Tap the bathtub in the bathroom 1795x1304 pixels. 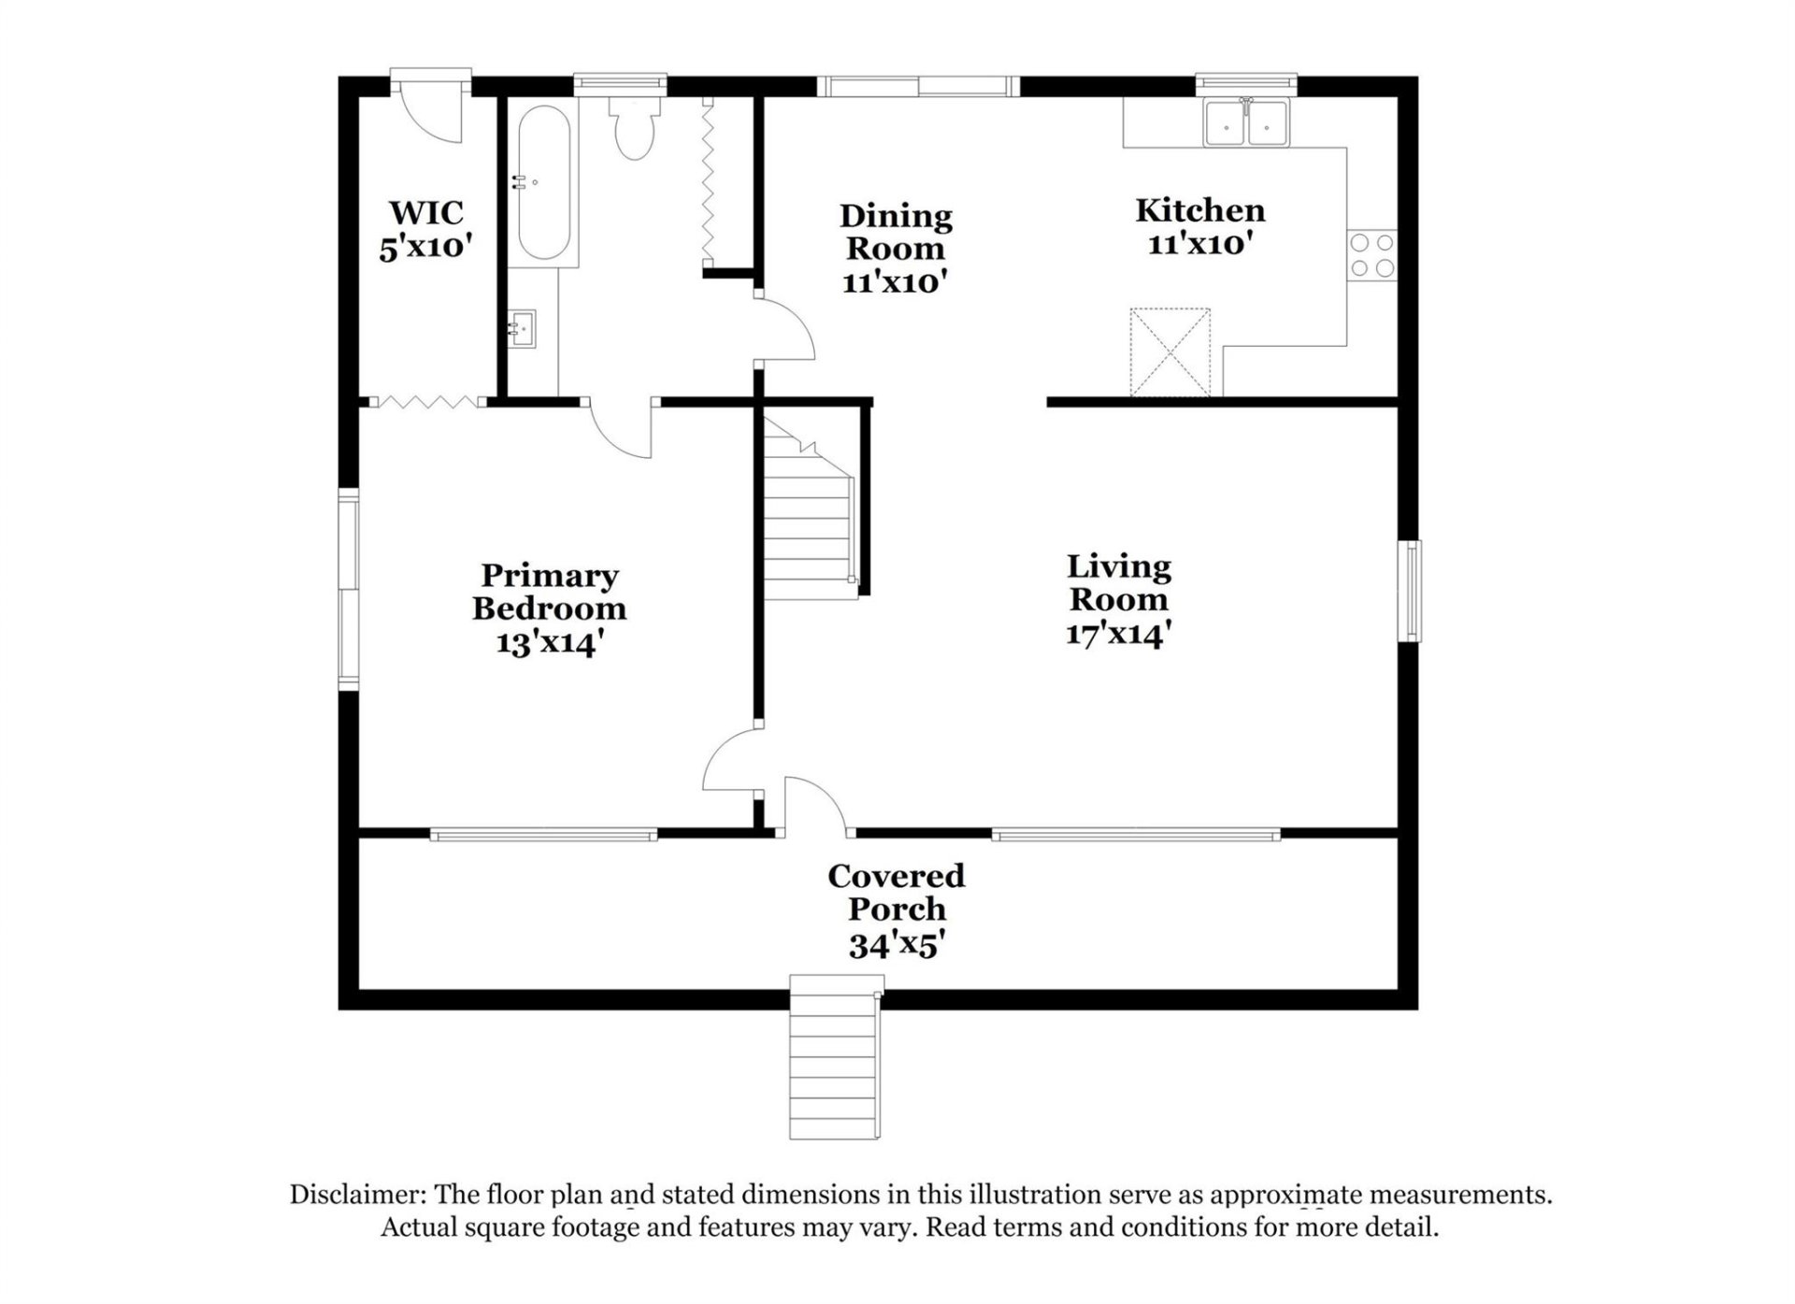(543, 183)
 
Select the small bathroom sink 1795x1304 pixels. (523, 328)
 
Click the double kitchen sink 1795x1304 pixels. (1246, 122)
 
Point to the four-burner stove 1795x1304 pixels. (1371, 256)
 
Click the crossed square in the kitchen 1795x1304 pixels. (1170, 352)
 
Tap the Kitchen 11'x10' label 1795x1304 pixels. (1199, 226)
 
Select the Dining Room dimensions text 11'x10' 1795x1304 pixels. (895, 281)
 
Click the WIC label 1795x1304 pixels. (426, 213)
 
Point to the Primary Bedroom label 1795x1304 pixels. (549, 592)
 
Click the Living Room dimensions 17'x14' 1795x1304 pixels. (1118, 635)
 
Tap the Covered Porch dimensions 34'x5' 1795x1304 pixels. (896, 946)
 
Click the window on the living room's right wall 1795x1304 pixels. (1410, 591)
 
